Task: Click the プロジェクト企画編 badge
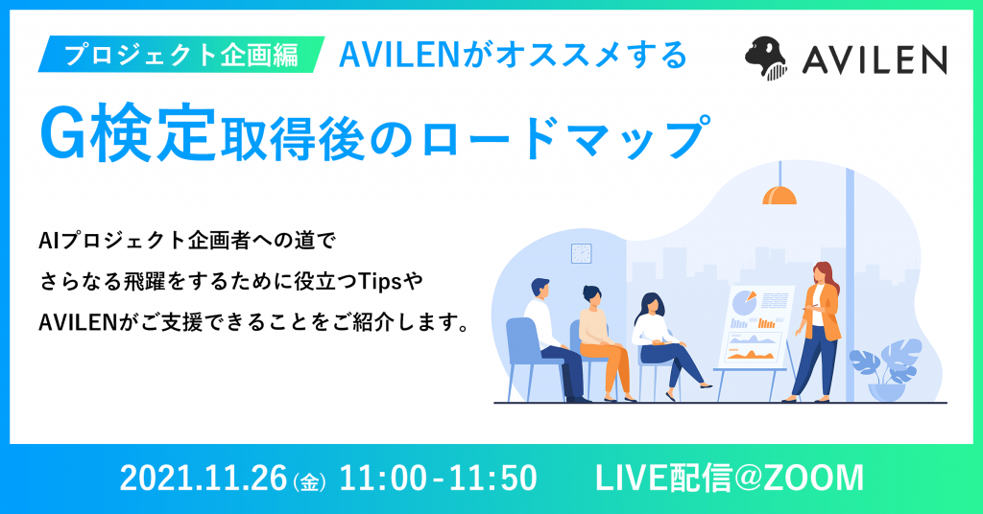[181, 55]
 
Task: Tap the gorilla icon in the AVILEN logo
[766, 58]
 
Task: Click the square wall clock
[581, 253]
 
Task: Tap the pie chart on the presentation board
[744, 301]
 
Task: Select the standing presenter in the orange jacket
[816, 332]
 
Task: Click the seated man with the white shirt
[550, 339]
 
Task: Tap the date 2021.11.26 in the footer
[204, 479]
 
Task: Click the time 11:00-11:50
[438, 479]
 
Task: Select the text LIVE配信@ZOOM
[730, 479]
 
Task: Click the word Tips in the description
[380, 282]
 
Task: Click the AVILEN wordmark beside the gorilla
[875, 60]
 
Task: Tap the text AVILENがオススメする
[514, 55]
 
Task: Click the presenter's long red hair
[827, 279]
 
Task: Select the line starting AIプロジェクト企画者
[188, 241]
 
